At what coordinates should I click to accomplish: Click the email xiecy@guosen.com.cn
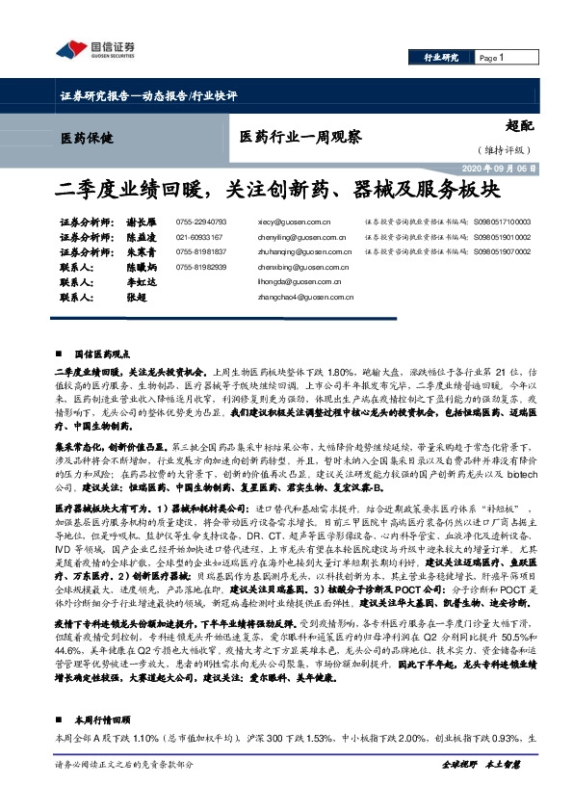tap(290, 222)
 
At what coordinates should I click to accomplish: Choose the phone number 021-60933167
tap(199, 236)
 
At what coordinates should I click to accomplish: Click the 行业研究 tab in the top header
tap(441, 59)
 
